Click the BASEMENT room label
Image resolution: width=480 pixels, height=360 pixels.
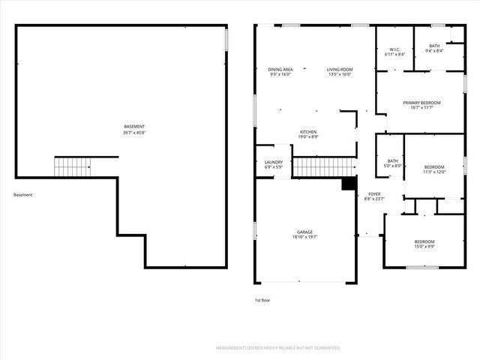(x=134, y=126)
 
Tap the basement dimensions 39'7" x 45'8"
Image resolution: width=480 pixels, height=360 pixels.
(x=134, y=133)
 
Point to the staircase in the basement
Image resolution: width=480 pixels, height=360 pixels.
(x=72, y=166)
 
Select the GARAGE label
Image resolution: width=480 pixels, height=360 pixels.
(x=304, y=232)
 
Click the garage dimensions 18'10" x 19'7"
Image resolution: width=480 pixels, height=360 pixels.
(x=304, y=238)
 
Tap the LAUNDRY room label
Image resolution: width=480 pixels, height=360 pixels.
(x=273, y=162)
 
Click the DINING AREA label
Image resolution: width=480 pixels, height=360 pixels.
(x=280, y=70)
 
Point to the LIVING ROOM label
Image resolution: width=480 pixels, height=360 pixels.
(x=339, y=70)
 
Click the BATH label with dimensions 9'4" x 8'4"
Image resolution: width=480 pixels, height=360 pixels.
(x=434, y=46)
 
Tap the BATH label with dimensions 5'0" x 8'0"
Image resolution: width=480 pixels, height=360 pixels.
(x=393, y=160)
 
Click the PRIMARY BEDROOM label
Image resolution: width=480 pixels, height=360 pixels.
(x=421, y=102)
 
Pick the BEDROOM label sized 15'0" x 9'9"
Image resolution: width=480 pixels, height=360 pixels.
(x=424, y=241)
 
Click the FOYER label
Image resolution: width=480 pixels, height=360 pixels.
(x=373, y=193)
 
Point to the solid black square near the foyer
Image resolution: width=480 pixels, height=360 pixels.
(x=349, y=184)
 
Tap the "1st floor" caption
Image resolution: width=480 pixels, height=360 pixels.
(x=262, y=300)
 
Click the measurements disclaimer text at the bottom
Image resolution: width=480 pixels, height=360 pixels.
(x=278, y=348)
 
